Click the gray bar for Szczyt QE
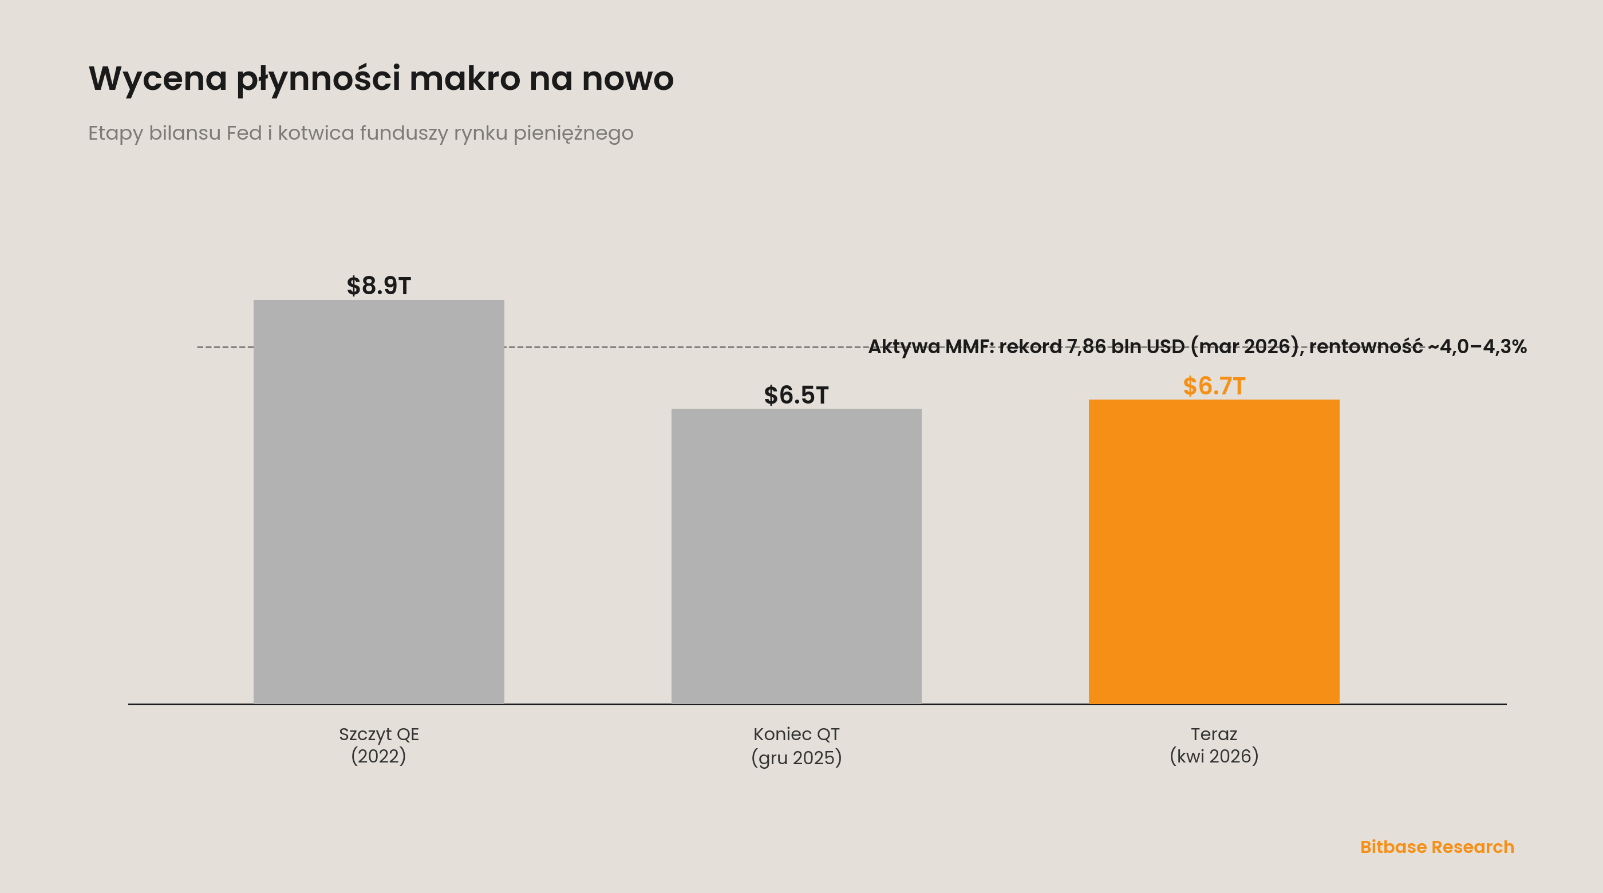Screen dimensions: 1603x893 (378, 501)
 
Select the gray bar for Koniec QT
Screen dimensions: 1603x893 (796, 556)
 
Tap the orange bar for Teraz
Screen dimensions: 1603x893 (1214, 551)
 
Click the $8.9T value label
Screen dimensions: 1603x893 (378, 286)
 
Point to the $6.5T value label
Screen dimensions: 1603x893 (796, 395)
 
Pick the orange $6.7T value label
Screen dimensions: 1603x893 (1214, 386)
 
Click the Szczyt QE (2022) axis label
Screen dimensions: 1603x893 (378, 745)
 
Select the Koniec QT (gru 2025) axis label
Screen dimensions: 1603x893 (796, 745)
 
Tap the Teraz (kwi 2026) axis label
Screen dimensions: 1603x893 (1214, 745)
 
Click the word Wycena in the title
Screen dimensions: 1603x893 (158, 79)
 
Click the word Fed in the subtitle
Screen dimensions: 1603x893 (244, 133)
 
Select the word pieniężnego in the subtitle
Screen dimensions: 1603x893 (573, 134)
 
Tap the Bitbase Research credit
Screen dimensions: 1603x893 (1437, 847)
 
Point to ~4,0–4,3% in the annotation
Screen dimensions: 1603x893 (1477, 347)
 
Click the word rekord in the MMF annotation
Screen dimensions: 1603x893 (1030, 347)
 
